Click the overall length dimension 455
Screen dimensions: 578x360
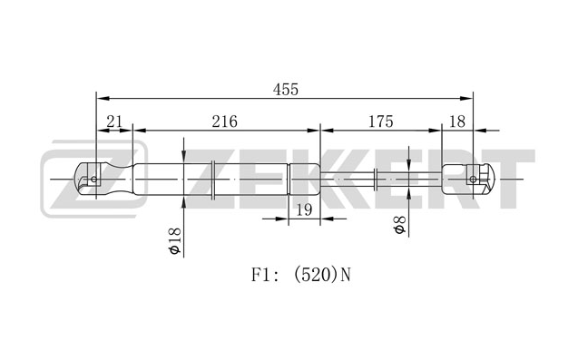(285, 90)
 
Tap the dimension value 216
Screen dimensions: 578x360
(224, 122)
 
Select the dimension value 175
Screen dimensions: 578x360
(381, 122)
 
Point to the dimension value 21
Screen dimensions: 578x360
(114, 122)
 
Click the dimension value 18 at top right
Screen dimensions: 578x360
(457, 122)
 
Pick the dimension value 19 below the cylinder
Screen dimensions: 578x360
(304, 210)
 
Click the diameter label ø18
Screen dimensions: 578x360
(175, 240)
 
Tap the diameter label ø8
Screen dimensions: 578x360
(399, 224)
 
